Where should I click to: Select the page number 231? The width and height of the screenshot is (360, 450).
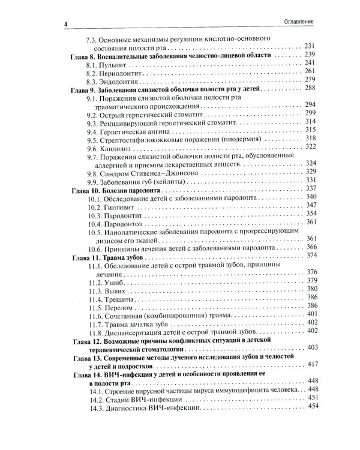coord(310,46)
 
